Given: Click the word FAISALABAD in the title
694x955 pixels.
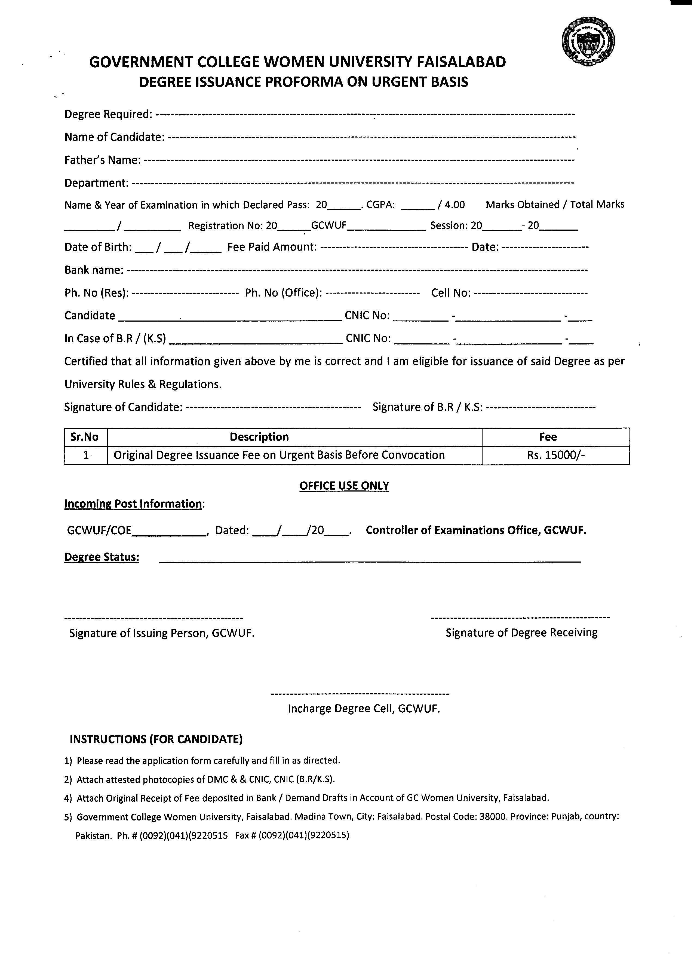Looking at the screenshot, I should point(461,62).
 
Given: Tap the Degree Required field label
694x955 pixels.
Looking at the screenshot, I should point(108,114).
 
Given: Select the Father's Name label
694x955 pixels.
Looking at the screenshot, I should point(102,160).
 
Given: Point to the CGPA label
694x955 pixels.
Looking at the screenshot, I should point(380,205).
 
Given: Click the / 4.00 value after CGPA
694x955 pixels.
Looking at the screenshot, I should point(451,205).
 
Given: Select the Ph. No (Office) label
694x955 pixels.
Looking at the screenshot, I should point(283,293).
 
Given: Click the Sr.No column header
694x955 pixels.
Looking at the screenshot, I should point(85,437).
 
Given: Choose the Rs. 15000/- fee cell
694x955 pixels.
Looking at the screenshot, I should point(555,455).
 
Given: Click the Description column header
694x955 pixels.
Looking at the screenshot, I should point(259,437).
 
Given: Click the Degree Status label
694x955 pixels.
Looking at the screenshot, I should point(102,557).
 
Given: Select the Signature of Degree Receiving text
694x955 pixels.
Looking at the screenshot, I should point(521,633).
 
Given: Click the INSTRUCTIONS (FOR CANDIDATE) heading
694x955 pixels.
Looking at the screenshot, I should point(156,739).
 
